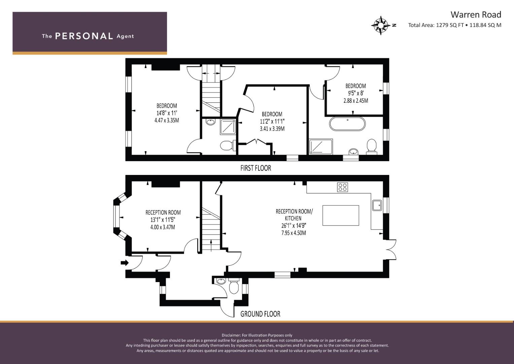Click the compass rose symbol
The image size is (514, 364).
(x=381, y=25)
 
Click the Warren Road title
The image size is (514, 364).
(x=476, y=15)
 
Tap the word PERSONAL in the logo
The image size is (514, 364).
(x=84, y=36)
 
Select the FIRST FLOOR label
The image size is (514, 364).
(x=255, y=168)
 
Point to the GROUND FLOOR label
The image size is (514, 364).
(x=260, y=314)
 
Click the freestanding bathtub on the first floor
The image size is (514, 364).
(x=347, y=124)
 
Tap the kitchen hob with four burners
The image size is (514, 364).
(x=342, y=187)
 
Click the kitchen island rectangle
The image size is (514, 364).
(x=341, y=216)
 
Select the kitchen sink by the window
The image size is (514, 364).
(x=377, y=205)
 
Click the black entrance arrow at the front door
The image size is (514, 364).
(x=125, y=263)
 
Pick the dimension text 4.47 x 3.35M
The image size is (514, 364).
(x=167, y=120)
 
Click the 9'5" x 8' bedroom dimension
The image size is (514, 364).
(x=356, y=93)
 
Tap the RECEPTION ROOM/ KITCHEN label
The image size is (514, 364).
(x=294, y=215)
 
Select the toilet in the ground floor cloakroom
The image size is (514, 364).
(x=234, y=286)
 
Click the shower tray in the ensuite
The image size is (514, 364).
(x=228, y=127)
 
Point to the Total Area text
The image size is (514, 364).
(x=455, y=25)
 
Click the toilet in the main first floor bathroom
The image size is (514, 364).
(x=372, y=147)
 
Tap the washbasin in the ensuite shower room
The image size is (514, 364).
(x=210, y=122)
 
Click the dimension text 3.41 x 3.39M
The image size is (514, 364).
(x=272, y=129)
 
